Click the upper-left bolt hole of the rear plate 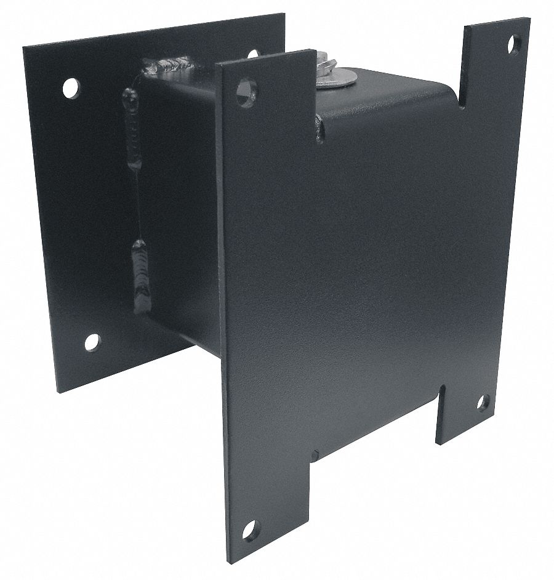point(71,88)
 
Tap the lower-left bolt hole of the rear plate point(92,340)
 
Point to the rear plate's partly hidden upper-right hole point(253,54)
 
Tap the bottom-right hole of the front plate point(484,403)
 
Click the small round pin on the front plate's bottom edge point(315,456)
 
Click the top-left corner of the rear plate point(25,47)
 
